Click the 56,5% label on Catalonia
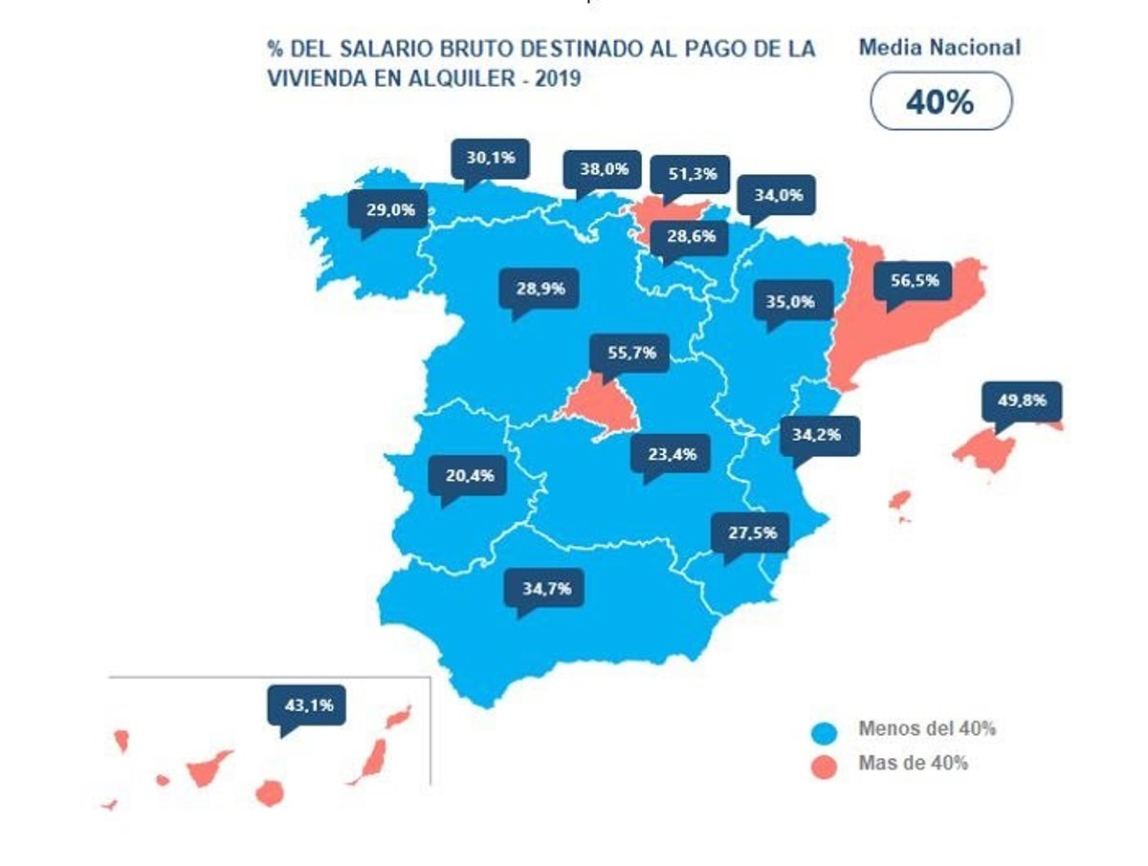pyautogui.click(x=915, y=281)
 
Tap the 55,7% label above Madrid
pyautogui.click(x=631, y=353)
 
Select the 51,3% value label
pyautogui.click(x=689, y=174)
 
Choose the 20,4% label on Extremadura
pyautogui.click(x=468, y=475)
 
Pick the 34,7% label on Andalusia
pyautogui.click(x=546, y=588)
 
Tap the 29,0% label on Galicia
pyautogui.click(x=389, y=209)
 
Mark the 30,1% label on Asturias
pyautogui.click(x=490, y=157)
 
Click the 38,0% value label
pyautogui.click(x=603, y=169)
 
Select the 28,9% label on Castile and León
pyautogui.click(x=540, y=287)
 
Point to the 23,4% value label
pyautogui.click(x=672, y=454)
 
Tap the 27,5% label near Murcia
pyautogui.click(x=750, y=532)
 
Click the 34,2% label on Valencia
pyautogui.click(x=819, y=435)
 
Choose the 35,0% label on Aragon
pyautogui.click(x=791, y=301)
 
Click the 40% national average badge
pyautogui.click(x=939, y=101)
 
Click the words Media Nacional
pyautogui.click(x=939, y=47)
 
